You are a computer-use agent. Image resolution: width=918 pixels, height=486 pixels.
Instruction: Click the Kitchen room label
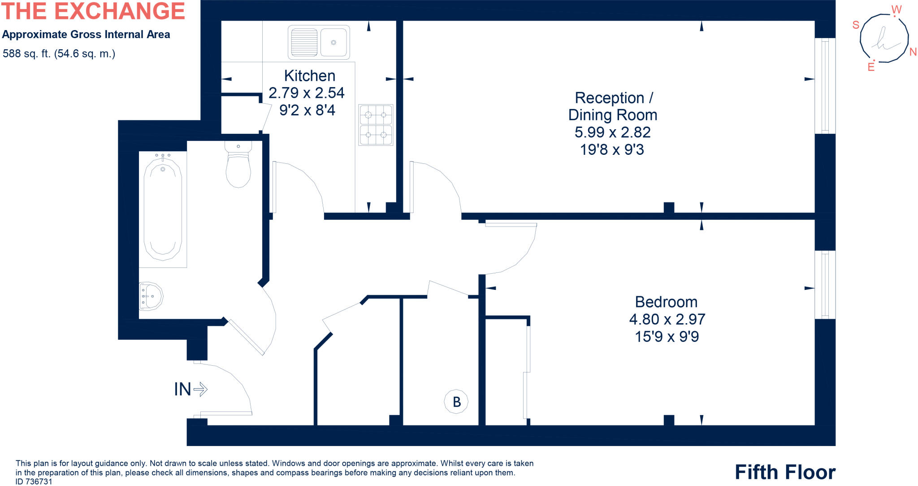pos(309,75)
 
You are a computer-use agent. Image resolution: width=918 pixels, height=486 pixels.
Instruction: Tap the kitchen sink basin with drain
pos(333,42)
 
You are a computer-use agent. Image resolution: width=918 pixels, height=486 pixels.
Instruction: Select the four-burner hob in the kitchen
pos(376,125)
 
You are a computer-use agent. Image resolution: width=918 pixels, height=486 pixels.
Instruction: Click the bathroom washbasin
pos(151,296)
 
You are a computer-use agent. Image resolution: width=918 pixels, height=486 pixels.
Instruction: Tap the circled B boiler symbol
pos(456,401)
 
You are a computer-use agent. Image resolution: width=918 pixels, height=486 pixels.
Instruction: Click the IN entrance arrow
pos(191,389)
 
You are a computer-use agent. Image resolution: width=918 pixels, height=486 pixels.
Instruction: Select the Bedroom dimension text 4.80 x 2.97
pos(667,319)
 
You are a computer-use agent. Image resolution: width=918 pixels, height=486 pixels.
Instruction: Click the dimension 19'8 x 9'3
pos(612,149)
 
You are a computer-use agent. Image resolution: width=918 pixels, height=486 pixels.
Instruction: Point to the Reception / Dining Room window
pos(825,86)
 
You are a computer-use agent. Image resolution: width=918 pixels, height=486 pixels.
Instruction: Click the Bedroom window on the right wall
pos(825,285)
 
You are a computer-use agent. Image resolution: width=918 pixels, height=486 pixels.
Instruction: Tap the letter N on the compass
pos(913,52)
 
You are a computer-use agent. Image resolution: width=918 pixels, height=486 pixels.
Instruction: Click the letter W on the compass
pos(896,9)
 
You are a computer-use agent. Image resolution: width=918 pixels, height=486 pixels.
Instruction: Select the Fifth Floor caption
pos(785,472)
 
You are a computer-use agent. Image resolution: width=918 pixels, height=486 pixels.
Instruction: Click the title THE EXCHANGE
pos(93,11)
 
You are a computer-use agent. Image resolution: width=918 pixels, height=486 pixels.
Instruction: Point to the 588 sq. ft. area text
pos(59,54)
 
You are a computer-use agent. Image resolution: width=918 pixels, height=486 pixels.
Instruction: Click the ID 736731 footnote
pos(34,482)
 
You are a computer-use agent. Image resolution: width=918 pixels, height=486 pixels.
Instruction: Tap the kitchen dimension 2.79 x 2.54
pos(306,93)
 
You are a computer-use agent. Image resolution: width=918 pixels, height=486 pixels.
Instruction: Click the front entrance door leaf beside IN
pos(226,413)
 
